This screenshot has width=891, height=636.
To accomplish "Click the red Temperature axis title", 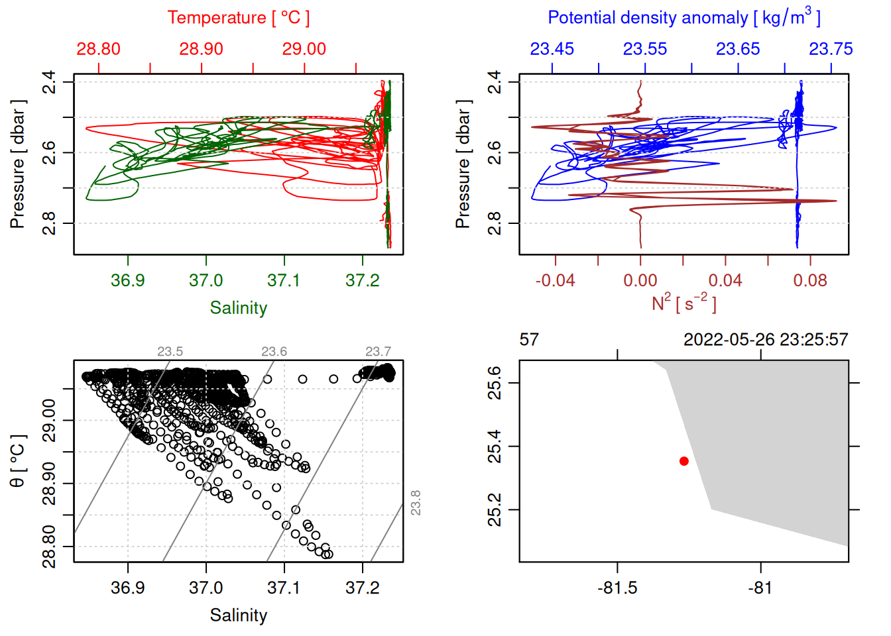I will [238, 18].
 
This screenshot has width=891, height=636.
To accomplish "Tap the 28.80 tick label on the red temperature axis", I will [99, 49].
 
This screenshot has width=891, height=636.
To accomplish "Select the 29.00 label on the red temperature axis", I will [304, 49].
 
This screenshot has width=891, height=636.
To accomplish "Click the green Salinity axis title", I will [238, 308].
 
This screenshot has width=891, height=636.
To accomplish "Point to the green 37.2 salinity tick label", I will [363, 280].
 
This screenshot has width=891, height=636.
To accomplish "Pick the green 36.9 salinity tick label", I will [128, 280].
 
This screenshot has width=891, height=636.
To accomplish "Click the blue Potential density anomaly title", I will [683, 17].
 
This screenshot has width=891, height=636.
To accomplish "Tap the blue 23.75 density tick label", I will [831, 49].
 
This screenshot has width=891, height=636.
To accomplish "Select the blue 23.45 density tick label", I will [552, 49].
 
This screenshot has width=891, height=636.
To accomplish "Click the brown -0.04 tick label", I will [555, 280].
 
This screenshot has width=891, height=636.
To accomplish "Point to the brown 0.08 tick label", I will [810, 280].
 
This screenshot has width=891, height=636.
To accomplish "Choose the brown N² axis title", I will [683, 303].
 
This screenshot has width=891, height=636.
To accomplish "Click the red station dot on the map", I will [684, 461].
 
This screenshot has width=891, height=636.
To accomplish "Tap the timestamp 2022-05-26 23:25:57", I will [766, 340].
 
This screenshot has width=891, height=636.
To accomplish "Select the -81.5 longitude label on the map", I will [617, 588].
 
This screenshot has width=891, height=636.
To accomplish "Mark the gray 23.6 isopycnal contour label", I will [274, 352].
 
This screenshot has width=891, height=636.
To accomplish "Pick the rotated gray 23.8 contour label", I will [416, 503].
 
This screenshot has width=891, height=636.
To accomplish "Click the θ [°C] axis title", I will [18, 461].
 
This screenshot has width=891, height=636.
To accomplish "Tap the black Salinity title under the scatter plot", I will [238, 615].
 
